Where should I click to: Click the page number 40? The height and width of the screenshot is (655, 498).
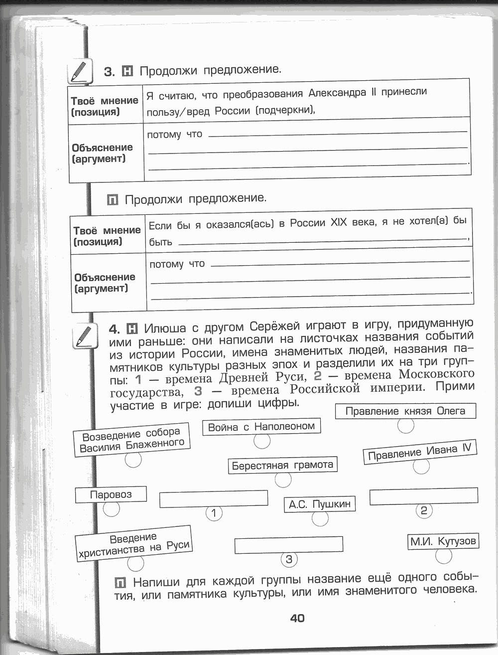point(297,618)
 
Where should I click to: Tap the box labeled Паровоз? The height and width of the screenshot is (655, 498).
point(111,494)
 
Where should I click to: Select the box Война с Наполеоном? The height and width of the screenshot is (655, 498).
point(261,427)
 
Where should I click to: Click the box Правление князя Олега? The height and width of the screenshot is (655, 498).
point(405,411)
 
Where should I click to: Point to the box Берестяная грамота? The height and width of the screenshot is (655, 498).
point(282,465)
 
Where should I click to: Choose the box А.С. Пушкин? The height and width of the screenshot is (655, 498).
point(320,504)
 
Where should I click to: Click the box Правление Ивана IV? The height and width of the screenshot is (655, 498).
point(419,452)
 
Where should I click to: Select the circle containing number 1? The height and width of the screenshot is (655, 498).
point(214,513)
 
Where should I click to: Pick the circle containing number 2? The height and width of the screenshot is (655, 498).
point(424,510)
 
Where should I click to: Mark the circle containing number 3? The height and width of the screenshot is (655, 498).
point(289,559)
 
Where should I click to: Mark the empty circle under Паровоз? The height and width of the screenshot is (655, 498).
point(111,509)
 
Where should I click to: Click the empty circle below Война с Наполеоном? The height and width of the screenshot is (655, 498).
point(262,441)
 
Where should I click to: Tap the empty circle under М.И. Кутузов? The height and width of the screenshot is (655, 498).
point(443,556)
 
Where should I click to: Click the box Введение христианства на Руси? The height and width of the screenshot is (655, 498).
point(133,543)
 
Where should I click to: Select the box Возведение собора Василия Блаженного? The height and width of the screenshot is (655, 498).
point(132,439)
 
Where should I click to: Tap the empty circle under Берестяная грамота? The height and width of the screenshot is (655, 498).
point(283,480)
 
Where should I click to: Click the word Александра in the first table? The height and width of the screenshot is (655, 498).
point(337,93)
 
